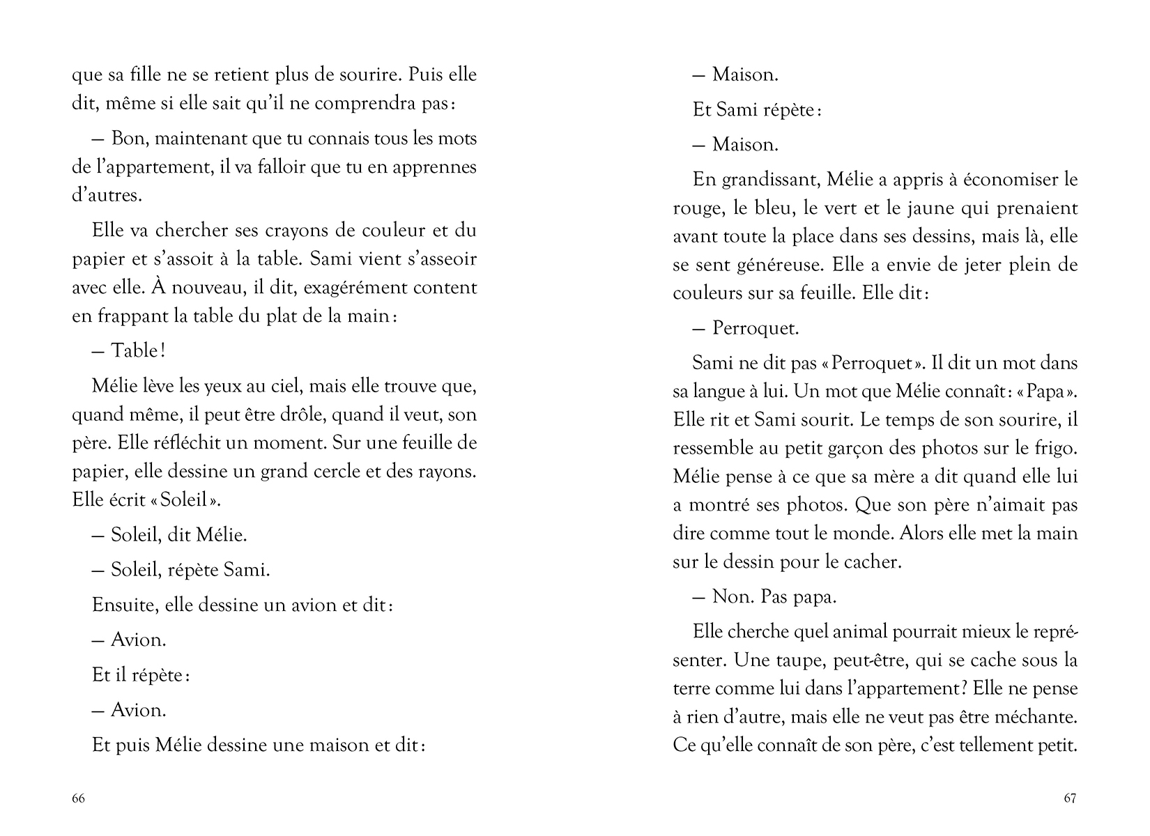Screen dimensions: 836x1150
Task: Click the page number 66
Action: coord(78,798)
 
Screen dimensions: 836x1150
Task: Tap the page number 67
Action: coord(1070,798)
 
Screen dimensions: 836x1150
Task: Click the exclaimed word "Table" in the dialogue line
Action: coord(135,350)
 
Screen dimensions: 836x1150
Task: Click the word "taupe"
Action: coord(810,660)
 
